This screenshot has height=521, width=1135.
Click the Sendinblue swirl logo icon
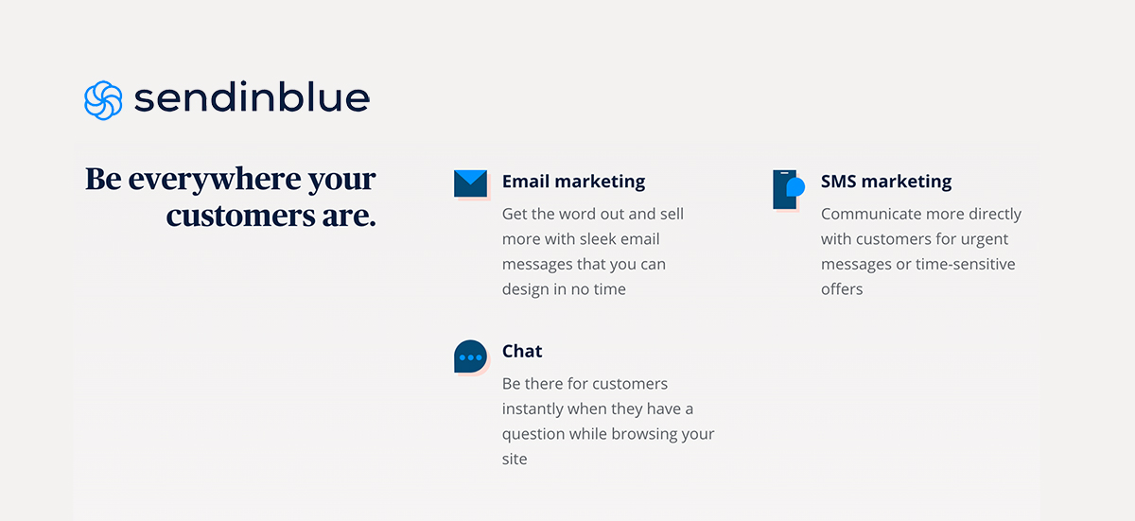pyautogui.click(x=103, y=100)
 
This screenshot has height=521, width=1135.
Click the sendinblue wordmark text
pyautogui.click(x=252, y=96)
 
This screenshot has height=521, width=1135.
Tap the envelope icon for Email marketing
pyautogui.click(x=471, y=183)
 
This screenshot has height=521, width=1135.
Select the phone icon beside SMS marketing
pyautogui.click(x=789, y=189)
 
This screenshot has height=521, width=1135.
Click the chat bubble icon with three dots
pyautogui.click(x=471, y=356)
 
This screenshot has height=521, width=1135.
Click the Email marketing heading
pyautogui.click(x=573, y=182)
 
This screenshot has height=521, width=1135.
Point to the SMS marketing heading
pyautogui.click(x=886, y=182)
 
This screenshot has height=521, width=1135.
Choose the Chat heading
pyautogui.click(x=522, y=351)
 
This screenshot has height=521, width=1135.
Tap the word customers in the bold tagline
pyautogui.click(x=240, y=217)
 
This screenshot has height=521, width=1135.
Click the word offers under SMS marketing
pyautogui.click(x=842, y=289)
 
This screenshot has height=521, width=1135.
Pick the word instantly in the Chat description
pyautogui.click(x=533, y=409)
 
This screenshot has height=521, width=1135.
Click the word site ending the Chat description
pyautogui.click(x=515, y=460)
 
